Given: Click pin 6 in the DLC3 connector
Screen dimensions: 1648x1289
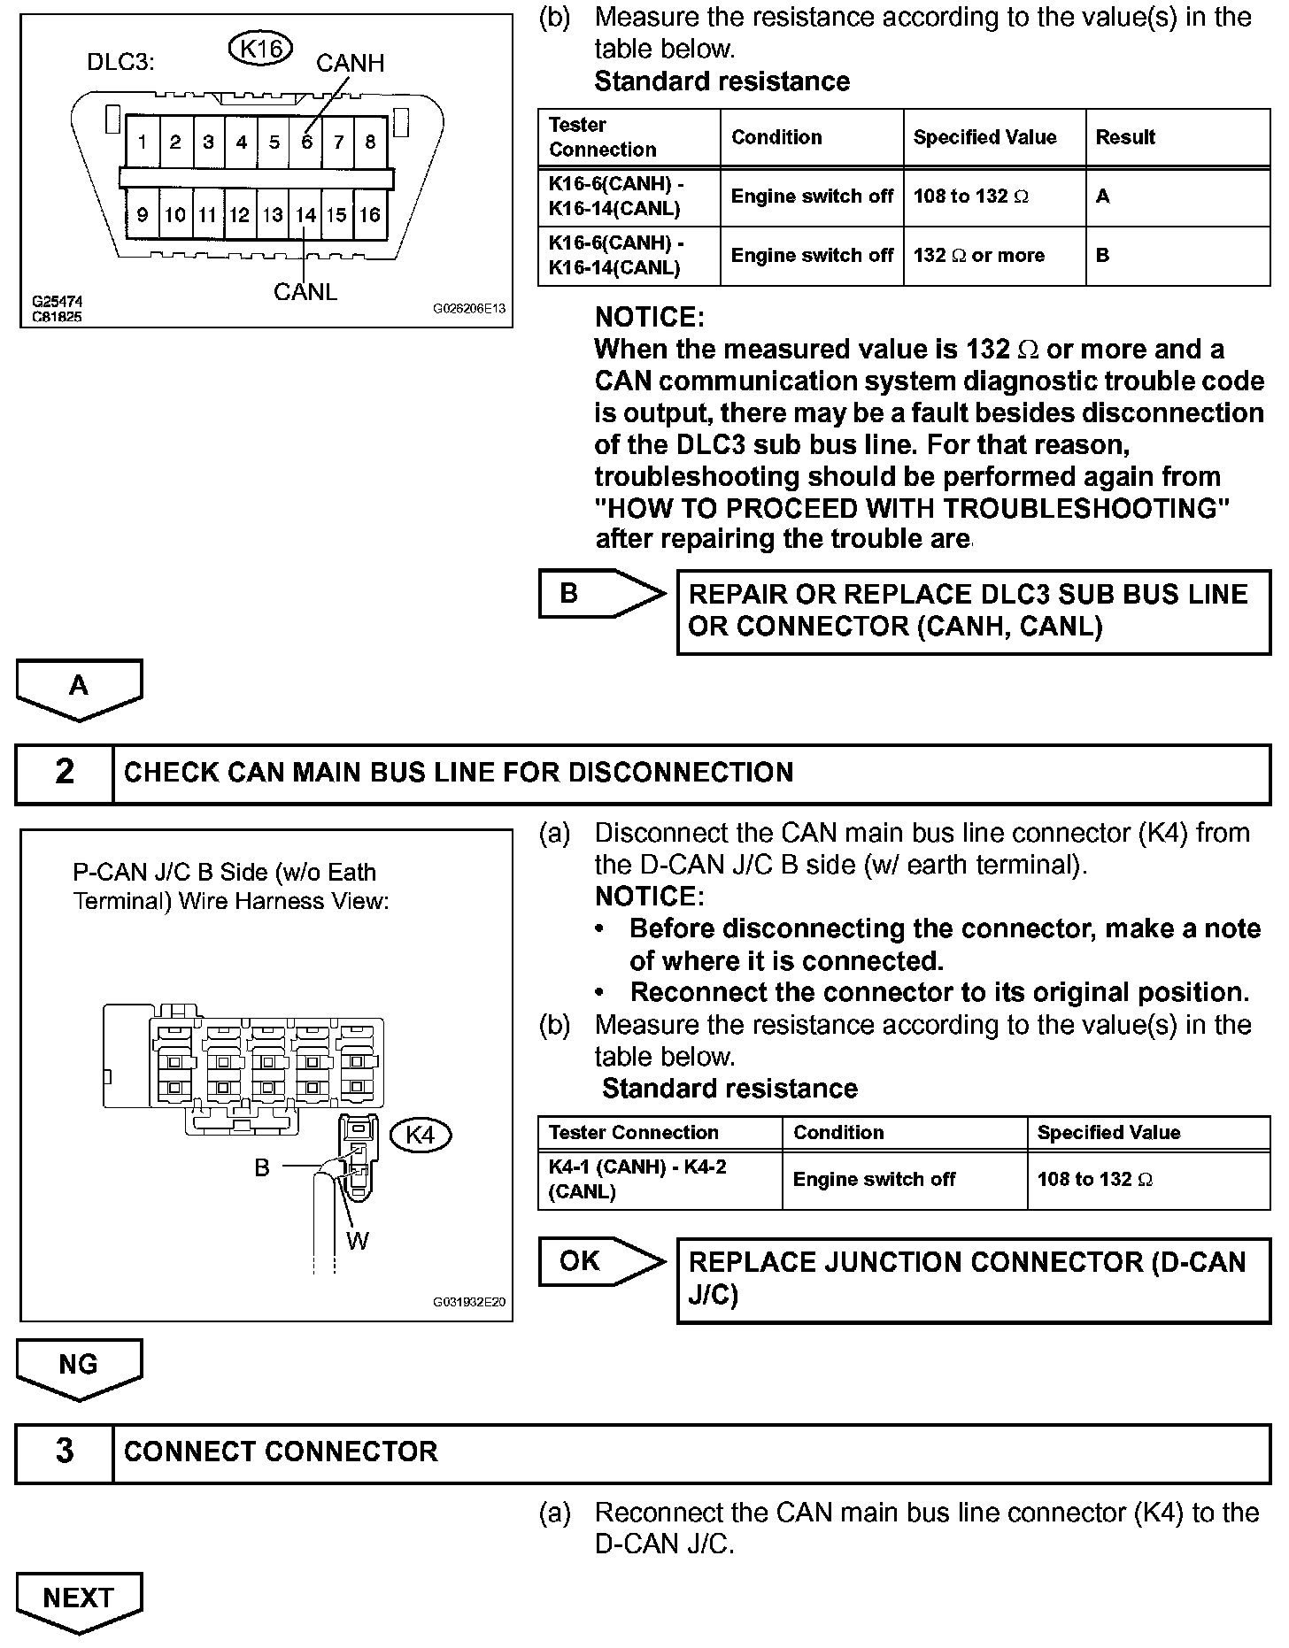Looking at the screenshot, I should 306,142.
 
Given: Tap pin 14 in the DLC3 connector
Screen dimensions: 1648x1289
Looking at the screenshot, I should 305,214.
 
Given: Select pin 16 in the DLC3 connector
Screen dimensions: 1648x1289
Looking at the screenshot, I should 370,214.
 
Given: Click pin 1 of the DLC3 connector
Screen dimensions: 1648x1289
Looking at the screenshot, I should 143,142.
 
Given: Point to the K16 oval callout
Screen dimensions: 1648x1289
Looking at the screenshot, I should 260,50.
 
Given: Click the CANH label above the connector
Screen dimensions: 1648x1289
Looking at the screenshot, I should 350,64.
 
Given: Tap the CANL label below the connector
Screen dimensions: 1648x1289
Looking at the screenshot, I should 305,291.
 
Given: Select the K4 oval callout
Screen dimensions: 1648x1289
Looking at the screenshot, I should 421,1135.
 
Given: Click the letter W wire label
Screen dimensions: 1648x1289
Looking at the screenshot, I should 358,1241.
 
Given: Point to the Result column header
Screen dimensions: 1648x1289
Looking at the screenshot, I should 1125,137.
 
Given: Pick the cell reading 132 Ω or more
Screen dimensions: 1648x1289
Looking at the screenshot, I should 979,255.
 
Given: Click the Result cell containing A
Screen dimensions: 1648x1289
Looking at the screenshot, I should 1103,196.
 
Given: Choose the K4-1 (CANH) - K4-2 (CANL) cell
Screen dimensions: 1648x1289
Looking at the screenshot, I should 637,1179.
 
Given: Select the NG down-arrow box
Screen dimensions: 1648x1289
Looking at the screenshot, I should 78,1365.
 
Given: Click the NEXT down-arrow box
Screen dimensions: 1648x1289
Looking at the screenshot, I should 78,1598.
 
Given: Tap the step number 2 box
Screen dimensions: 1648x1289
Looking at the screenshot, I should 65,772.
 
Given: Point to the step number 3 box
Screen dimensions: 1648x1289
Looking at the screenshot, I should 65,1452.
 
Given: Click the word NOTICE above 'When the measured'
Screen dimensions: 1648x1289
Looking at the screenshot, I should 649,317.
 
